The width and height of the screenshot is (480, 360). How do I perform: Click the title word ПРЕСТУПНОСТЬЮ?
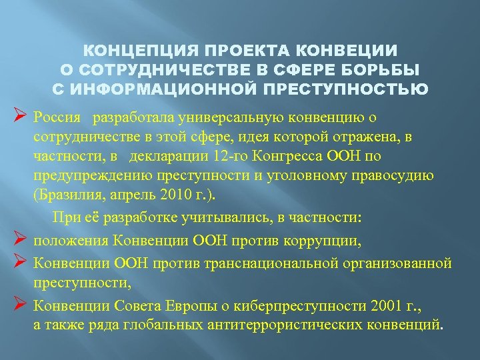361,89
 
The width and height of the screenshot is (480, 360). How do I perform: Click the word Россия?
57,118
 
